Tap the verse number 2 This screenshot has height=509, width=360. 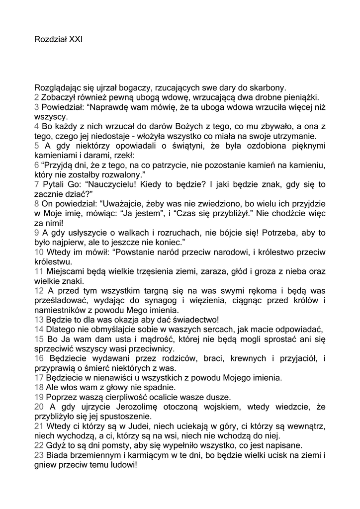click(x=37, y=97)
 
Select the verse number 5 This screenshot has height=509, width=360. click(x=37, y=146)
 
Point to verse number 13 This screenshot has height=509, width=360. click(x=39, y=319)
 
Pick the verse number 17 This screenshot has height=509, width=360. click(x=39, y=377)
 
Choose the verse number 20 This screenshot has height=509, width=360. click(x=40, y=407)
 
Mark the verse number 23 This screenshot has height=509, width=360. click(x=40, y=455)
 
